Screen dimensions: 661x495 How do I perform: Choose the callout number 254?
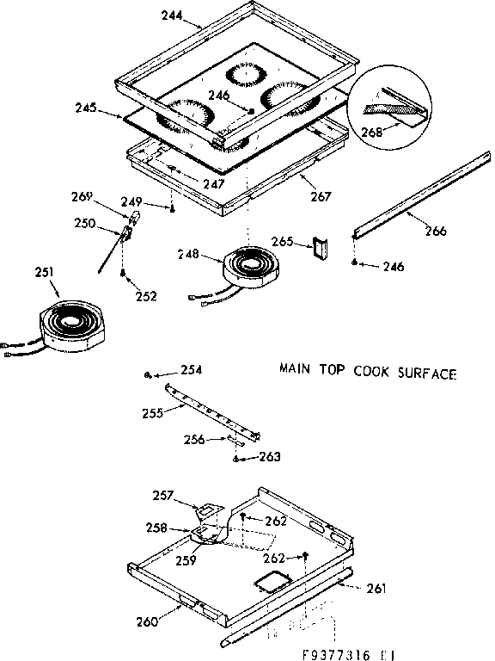pyautogui.click(x=192, y=370)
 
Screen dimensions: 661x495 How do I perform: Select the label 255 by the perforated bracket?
pyautogui.click(x=153, y=412)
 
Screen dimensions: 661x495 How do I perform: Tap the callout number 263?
pyautogui.click(x=270, y=457)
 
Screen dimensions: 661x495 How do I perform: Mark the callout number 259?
pyautogui.click(x=184, y=559)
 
